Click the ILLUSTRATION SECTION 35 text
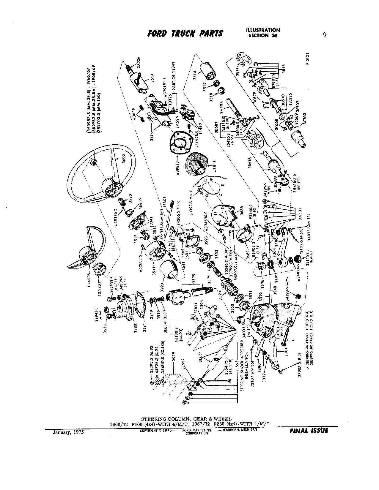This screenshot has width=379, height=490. [263, 33]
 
